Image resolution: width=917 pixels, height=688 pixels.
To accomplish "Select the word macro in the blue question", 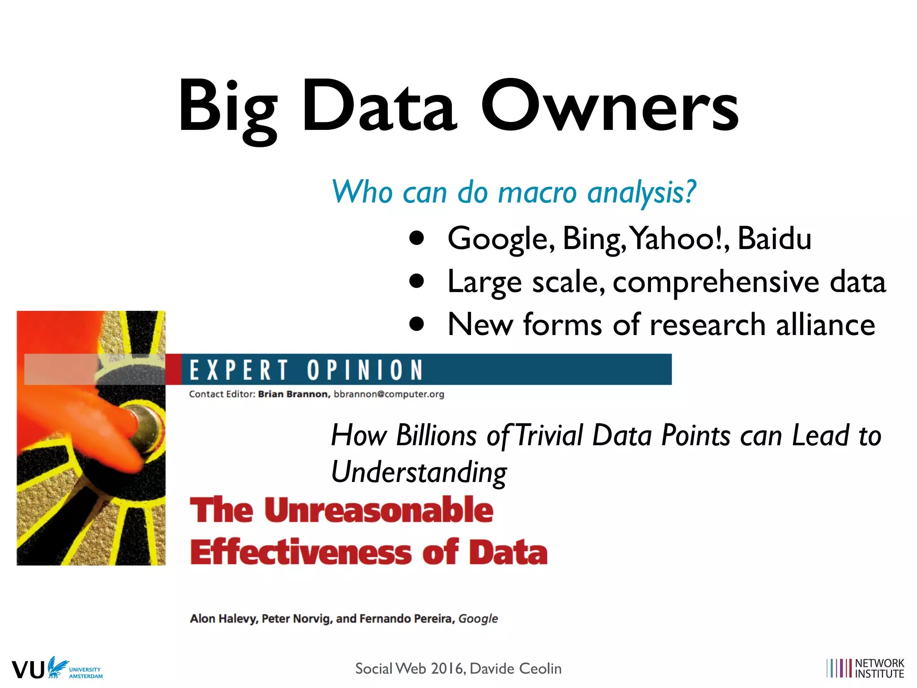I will pyautogui.click(x=537, y=192).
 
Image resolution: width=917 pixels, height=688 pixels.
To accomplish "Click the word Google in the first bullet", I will pyautogui.click(x=501, y=239).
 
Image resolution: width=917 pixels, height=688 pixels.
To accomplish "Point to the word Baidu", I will pyautogui.click(x=774, y=238).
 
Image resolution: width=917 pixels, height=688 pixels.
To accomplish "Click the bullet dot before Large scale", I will pyautogui.click(x=416, y=281).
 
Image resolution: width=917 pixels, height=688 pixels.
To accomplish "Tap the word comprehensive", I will pyautogui.click(x=716, y=282).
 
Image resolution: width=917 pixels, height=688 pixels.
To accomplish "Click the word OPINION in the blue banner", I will pyautogui.click(x=365, y=370).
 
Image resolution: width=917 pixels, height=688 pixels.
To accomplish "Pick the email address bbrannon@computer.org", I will pyautogui.click(x=389, y=394).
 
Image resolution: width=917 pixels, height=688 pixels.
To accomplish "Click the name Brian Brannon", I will pyautogui.click(x=294, y=394).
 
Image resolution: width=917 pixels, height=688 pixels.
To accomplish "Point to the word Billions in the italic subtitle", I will pyautogui.click(x=437, y=435).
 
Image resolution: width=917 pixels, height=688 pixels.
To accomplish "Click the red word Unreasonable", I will pyautogui.click(x=379, y=510).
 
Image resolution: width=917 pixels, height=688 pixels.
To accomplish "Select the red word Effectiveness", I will pyautogui.click(x=300, y=552).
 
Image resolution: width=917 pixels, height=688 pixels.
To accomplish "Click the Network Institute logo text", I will pyautogui.click(x=879, y=668).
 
